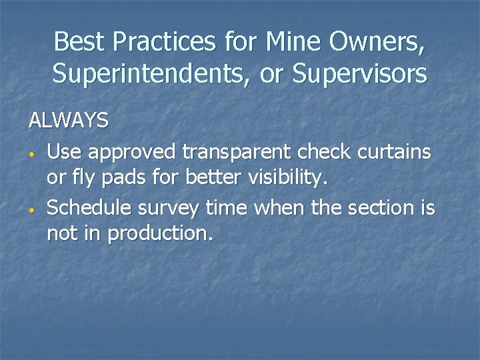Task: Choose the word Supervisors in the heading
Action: (x=360, y=74)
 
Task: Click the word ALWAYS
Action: (x=68, y=120)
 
